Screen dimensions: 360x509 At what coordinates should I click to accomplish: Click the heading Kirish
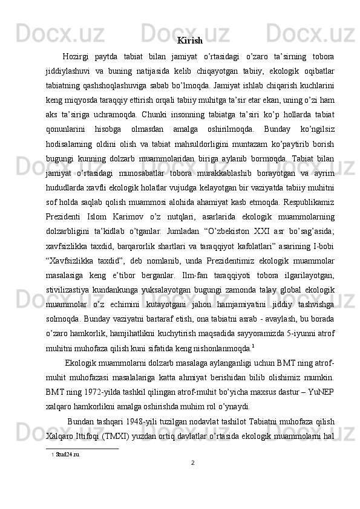tap(190, 41)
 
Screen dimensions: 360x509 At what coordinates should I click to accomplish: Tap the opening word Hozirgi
tap(77, 57)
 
